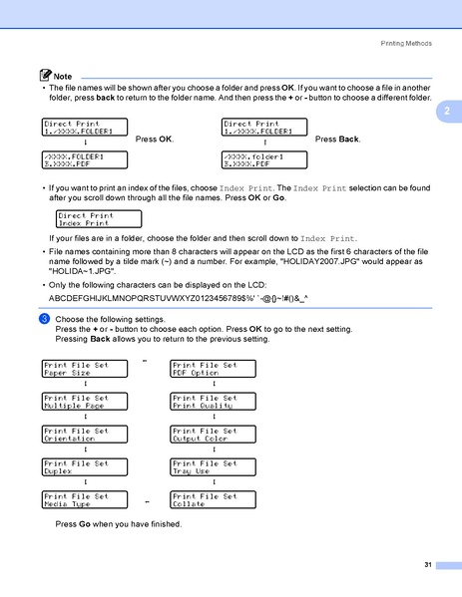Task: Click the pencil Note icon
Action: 41,76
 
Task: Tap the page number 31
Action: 427,565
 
